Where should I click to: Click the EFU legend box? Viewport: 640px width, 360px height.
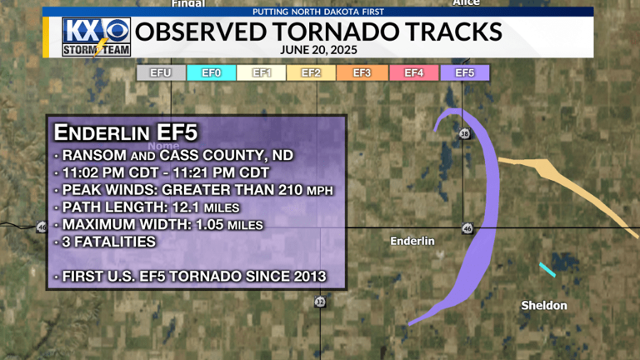pyautogui.click(x=161, y=72)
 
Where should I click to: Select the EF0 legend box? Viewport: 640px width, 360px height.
pyautogui.click(x=212, y=72)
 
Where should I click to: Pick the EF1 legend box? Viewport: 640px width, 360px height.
pyautogui.click(x=262, y=72)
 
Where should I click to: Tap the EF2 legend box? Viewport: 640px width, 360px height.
pyautogui.click(x=312, y=72)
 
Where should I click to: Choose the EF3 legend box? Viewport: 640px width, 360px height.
pyautogui.click(x=362, y=72)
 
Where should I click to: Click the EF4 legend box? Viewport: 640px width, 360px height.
pyautogui.click(x=413, y=72)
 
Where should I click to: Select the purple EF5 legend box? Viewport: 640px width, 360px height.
pyautogui.click(x=464, y=72)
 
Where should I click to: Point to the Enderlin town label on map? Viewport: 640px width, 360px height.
pyautogui.click(x=412, y=241)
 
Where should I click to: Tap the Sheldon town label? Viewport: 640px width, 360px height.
pyautogui.click(x=543, y=306)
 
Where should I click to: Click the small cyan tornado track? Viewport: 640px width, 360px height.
pyautogui.click(x=547, y=269)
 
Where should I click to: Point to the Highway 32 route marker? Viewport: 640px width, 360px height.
pyautogui.click(x=320, y=301)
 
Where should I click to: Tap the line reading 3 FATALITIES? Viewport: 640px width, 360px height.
pyautogui.click(x=108, y=242)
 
